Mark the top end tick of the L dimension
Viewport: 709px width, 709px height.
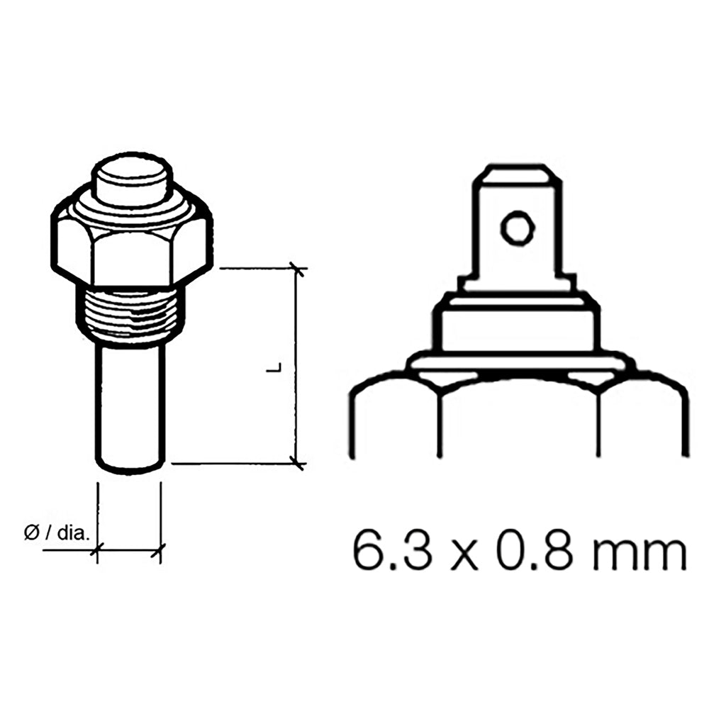click(296, 269)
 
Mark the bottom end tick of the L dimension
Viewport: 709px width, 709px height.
click(296, 464)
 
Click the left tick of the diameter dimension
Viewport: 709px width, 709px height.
click(97, 548)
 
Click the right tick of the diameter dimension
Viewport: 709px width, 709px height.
click(160, 548)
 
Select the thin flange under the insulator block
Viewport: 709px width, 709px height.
click(518, 364)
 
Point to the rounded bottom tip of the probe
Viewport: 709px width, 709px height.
click(130, 467)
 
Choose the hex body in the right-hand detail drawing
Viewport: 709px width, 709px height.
click(518, 418)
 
